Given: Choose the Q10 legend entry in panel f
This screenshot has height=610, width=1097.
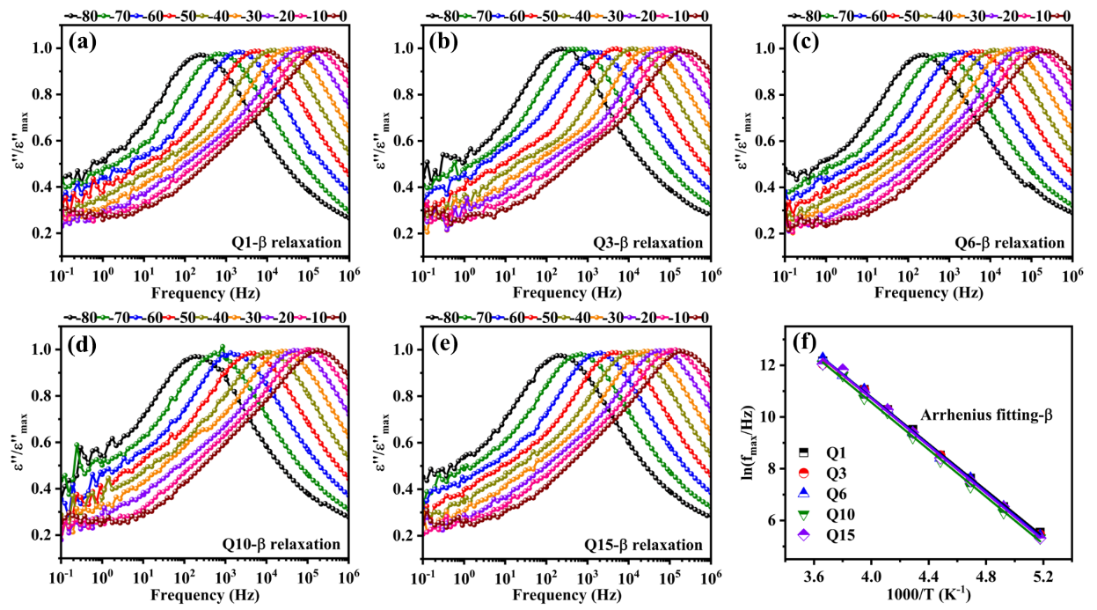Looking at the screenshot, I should (844, 515).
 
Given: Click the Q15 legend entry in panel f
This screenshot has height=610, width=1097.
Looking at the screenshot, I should (844, 535).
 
